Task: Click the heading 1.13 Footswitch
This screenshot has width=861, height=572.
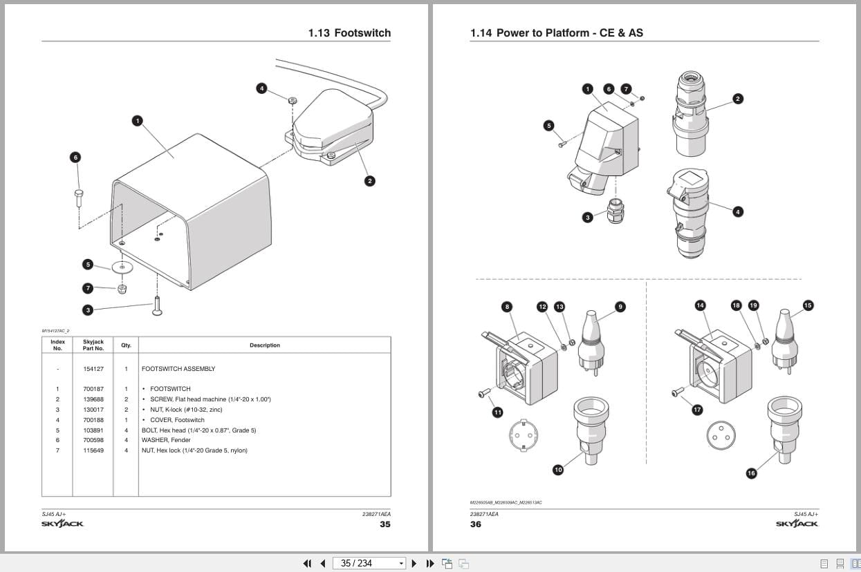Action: click(x=349, y=33)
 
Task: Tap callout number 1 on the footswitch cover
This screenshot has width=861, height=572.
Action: click(x=138, y=121)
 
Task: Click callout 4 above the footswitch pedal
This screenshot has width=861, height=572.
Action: click(x=261, y=88)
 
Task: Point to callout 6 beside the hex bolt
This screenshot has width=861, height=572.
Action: click(x=75, y=158)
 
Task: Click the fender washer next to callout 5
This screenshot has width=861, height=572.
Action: click(x=122, y=266)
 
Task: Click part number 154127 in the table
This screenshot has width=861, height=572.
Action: click(x=93, y=369)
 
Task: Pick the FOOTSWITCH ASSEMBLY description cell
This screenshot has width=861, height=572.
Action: click(x=178, y=369)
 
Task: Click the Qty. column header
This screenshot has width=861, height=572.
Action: click(x=126, y=345)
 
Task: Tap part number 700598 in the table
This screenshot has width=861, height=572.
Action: click(x=93, y=440)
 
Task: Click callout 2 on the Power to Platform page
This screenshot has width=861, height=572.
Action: click(x=737, y=99)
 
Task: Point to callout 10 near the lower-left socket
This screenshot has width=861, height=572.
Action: click(x=558, y=470)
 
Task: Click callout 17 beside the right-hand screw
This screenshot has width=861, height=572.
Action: click(x=697, y=410)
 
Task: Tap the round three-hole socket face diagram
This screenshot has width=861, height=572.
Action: click(x=721, y=435)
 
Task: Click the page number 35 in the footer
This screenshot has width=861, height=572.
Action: click(x=385, y=524)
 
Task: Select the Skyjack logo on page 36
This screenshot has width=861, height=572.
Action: click(x=797, y=524)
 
